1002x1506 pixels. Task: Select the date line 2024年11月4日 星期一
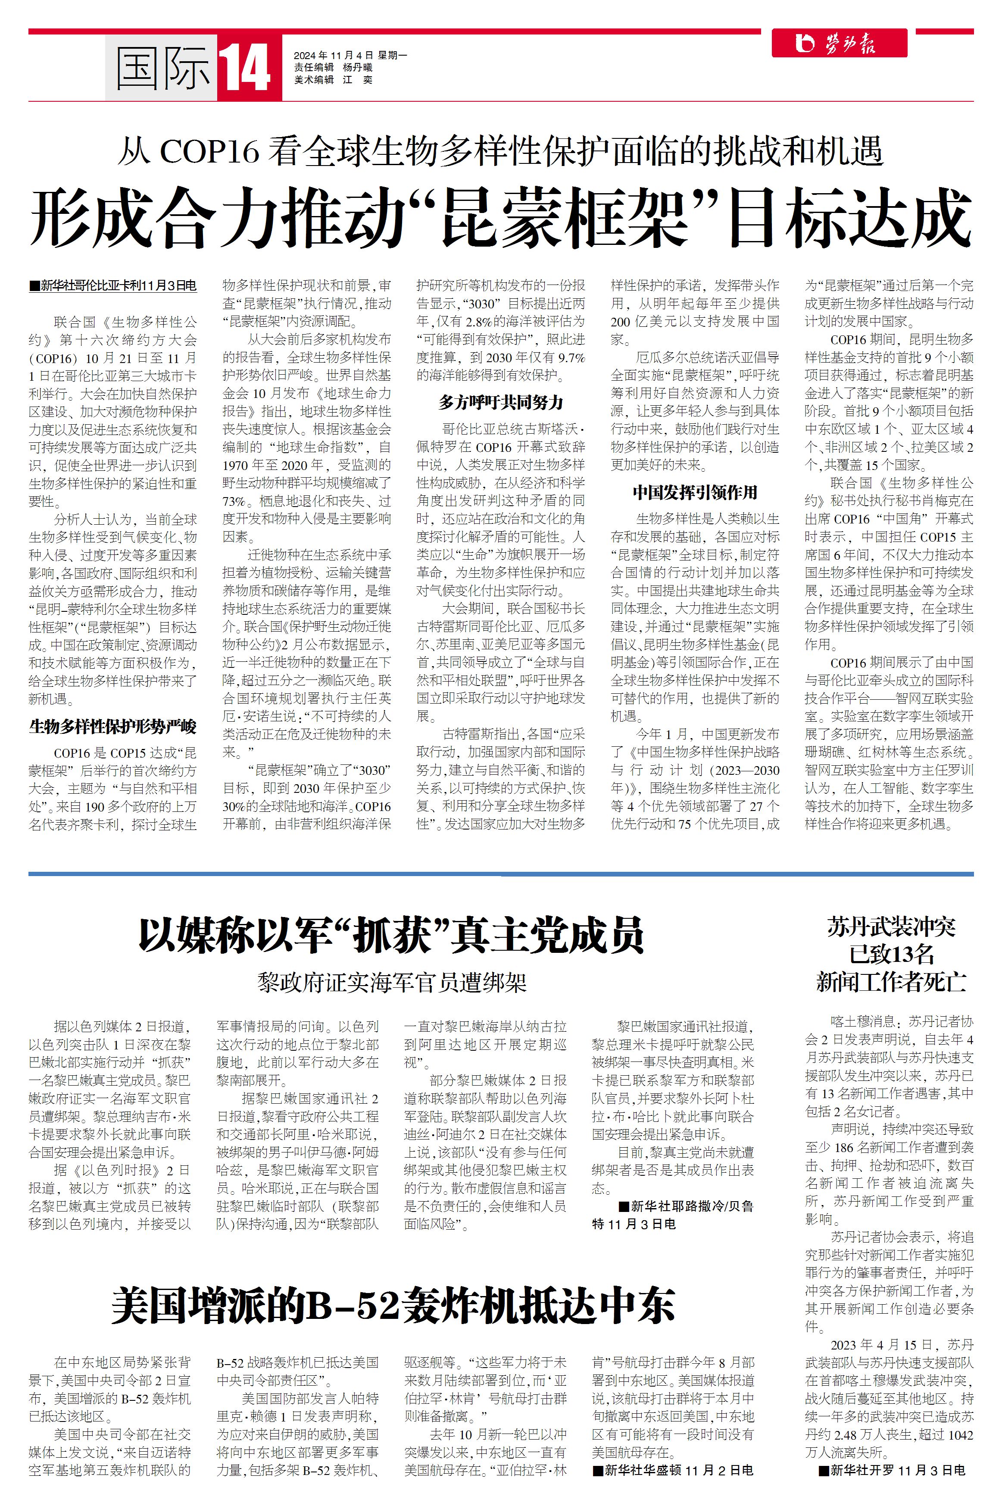point(350,56)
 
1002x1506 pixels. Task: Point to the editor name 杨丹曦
point(357,68)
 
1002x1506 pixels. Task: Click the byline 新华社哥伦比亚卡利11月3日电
point(118,286)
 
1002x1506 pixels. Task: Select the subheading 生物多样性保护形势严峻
point(112,727)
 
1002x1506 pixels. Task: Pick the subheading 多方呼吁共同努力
point(500,402)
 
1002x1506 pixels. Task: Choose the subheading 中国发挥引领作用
point(695,492)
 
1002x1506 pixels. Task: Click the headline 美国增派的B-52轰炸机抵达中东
point(393,1307)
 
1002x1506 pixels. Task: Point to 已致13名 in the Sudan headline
point(891,955)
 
